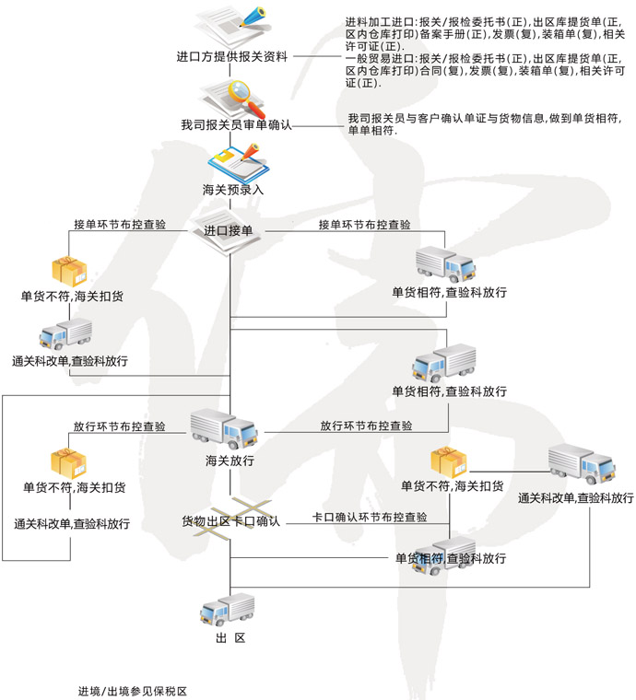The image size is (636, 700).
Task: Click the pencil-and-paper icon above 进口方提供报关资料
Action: pyautogui.click(x=234, y=27)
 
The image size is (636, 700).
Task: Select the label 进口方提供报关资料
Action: pyautogui.click(x=231, y=57)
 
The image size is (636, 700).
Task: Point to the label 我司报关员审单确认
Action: pyautogui.click(x=236, y=124)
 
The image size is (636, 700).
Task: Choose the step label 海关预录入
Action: pyautogui.click(x=233, y=190)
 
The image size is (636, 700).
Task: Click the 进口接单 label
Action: pyautogui.click(x=229, y=231)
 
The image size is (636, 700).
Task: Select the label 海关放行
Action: pyautogui.click(x=230, y=461)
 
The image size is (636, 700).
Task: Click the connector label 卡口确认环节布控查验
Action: pyautogui.click(x=370, y=518)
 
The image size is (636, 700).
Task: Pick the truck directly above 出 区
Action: pyautogui.click(x=228, y=609)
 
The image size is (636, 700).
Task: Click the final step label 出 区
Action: pyautogui.click(x=230, y=638)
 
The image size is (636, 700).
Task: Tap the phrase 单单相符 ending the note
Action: pyautogui.click(x=370, y=132)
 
